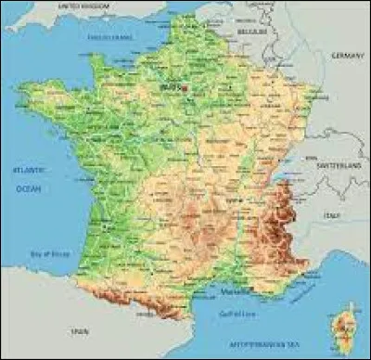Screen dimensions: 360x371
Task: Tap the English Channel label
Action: click(x=109, y=37)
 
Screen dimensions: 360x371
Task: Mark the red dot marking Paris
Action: click(x=185, y=88)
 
